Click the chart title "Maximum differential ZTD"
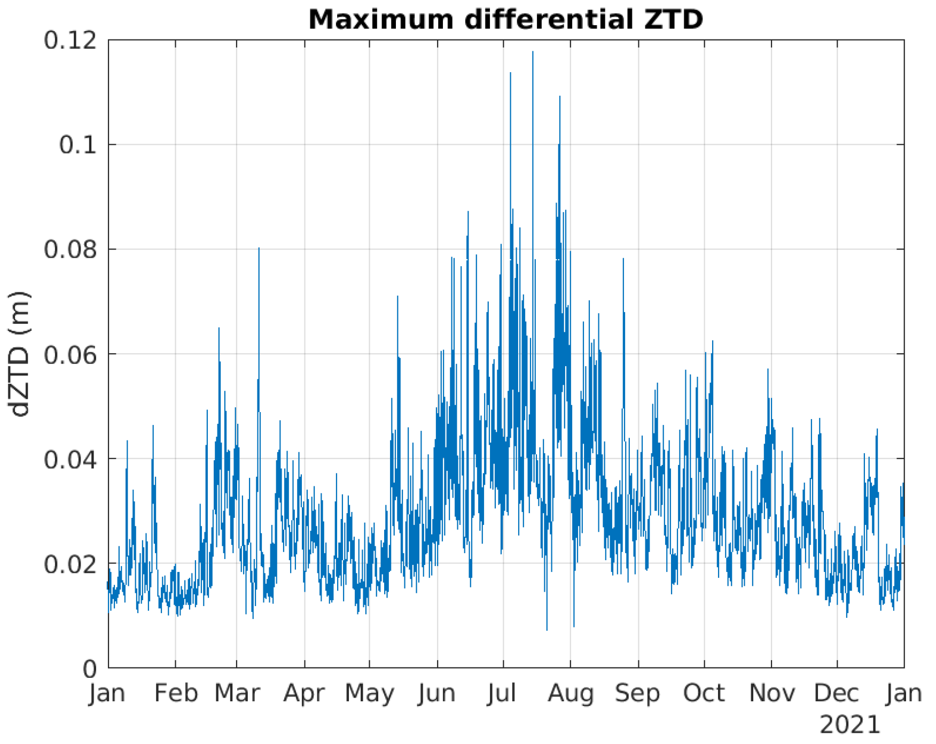(505, 19)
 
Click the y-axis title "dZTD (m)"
(20, 354)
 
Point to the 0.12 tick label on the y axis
(71, 40)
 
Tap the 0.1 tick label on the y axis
(78, 145)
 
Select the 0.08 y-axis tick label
(71, 250)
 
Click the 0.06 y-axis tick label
(71, 354)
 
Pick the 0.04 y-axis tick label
(71, 459)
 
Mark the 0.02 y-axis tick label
(71, 564)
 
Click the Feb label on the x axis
(176, 694)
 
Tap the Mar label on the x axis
(237, 694)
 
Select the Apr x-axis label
(305, 694)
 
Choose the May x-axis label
(369, 694)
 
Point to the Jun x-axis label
(437, 694)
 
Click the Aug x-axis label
(571, 694)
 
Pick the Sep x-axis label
(638, 694)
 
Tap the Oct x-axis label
(704, 694)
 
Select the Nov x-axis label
(771, 694)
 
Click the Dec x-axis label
(837, 694)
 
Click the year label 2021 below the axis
(849, 726)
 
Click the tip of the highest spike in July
(533, 52)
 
